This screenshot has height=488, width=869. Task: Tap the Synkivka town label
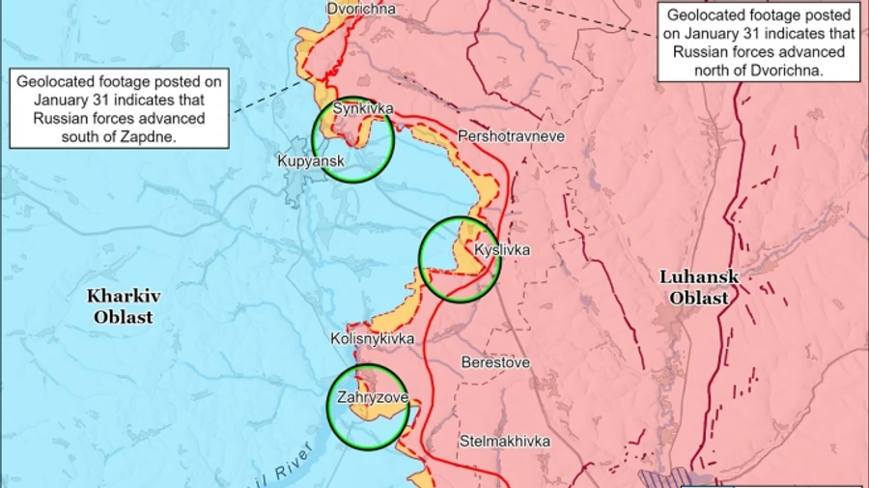(362, 109)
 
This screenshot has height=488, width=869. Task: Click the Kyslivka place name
(502, 250)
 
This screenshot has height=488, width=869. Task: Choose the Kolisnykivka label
(372, 339)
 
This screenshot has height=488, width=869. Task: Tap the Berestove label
(495, 362)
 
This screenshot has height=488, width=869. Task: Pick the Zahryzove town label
(372, 397)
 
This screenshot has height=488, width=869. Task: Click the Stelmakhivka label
(504, 441)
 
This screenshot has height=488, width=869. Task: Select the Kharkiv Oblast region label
(120, 305)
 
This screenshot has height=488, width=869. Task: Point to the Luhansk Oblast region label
(699, 287)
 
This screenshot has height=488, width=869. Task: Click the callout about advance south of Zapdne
(119, 109)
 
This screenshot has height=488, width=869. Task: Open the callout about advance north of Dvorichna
(760, 43)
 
